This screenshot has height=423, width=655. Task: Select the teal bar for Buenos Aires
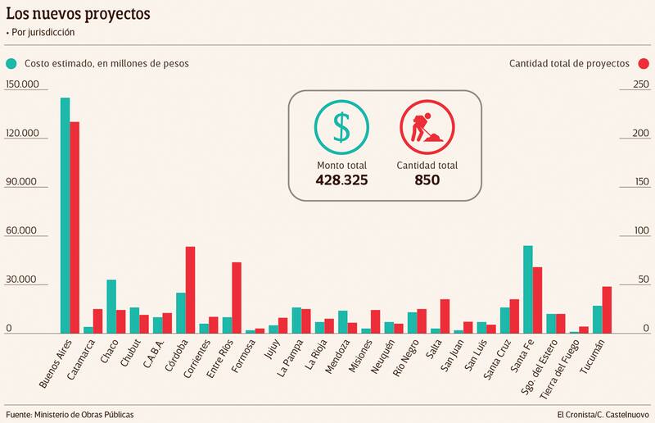pyautogui.click(x=65, y=216)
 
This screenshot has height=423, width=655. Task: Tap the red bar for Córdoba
pyautogui.click(x=190, y=290)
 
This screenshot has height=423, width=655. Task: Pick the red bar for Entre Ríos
pyautogui.click(x=237, y=298)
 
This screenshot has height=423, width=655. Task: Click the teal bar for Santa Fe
pyautogui.click(x=528, y=289)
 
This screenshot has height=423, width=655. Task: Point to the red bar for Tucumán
pyautogui.click(x=607, y=310)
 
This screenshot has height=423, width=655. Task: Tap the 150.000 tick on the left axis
pyautogui.click(x=21, y=85)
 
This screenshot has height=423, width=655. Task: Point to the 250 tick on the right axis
pyautogui.click(x=639, y=85)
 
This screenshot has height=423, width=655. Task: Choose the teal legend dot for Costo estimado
pyautogui.click(x=11, y=63)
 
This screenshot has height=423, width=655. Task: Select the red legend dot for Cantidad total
pyautogui.click(x=644, y=63)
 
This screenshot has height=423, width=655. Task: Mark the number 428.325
pyautogui.click(x=341, y=180)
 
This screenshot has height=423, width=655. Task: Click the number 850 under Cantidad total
pyautogui.click(x=427, y=180)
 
